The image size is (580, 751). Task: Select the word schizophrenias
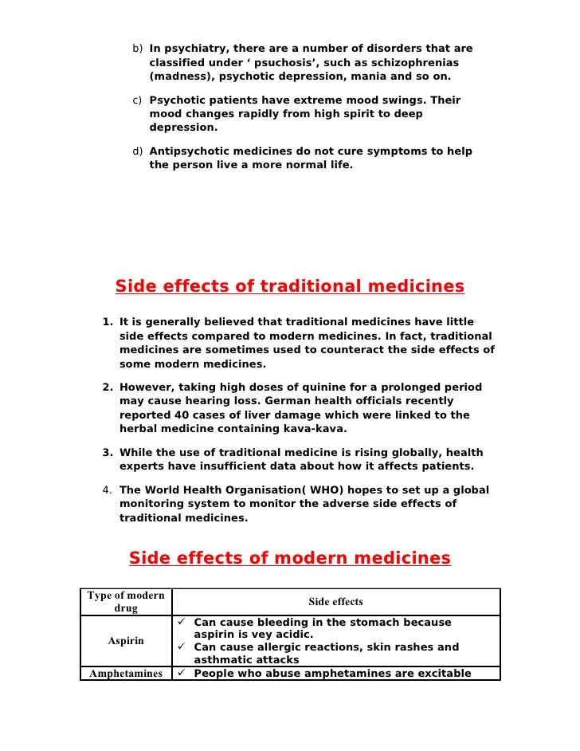[x=413, y=63]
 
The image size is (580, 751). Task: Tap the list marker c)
[x=137, y=100]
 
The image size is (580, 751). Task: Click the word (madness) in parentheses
[x=180, y=77]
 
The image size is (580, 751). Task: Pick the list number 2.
[x=107, y=387]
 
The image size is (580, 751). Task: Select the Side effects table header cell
[x=335, y=602]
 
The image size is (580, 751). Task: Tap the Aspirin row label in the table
[x=126, y=641]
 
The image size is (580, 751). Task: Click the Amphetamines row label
[x=126, y=674]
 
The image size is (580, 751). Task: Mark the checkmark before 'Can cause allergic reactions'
[x=182, y=647]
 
